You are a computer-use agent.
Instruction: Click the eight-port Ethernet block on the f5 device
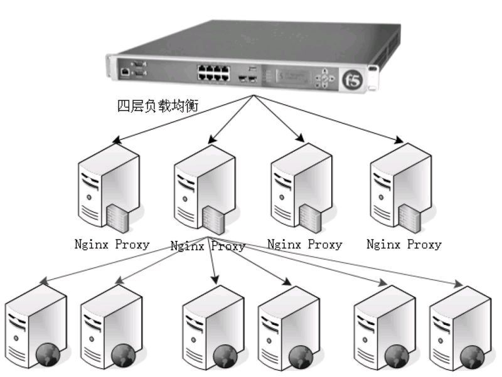[x=213, y=72]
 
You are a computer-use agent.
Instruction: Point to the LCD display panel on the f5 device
[x=290, y=77]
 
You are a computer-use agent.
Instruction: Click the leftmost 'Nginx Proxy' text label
[x=112, y=244]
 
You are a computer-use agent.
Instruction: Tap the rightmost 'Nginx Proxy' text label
[x=404, y=244]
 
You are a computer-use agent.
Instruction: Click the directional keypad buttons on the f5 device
[x=324, y=78]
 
